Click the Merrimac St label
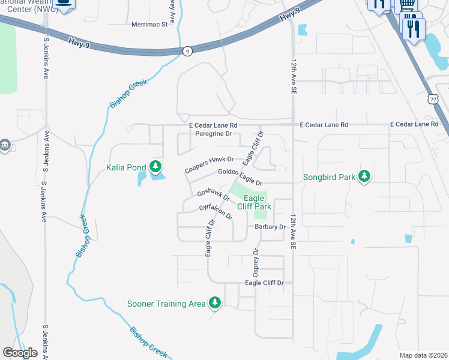coord(148,25)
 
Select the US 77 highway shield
coord(433,98)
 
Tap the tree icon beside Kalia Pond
coord(156,166)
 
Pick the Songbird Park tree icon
coord(364,176)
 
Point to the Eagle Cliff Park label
coord(255,202)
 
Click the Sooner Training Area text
coord(166,304)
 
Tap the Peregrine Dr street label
coord(214,134)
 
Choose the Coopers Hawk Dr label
coord(209,165)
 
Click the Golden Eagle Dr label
coord(240,176)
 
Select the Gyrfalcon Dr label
coord(215,212)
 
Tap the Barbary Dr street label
coord(270,227)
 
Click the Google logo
coord(20,353)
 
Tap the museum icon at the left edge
coord(4,145)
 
